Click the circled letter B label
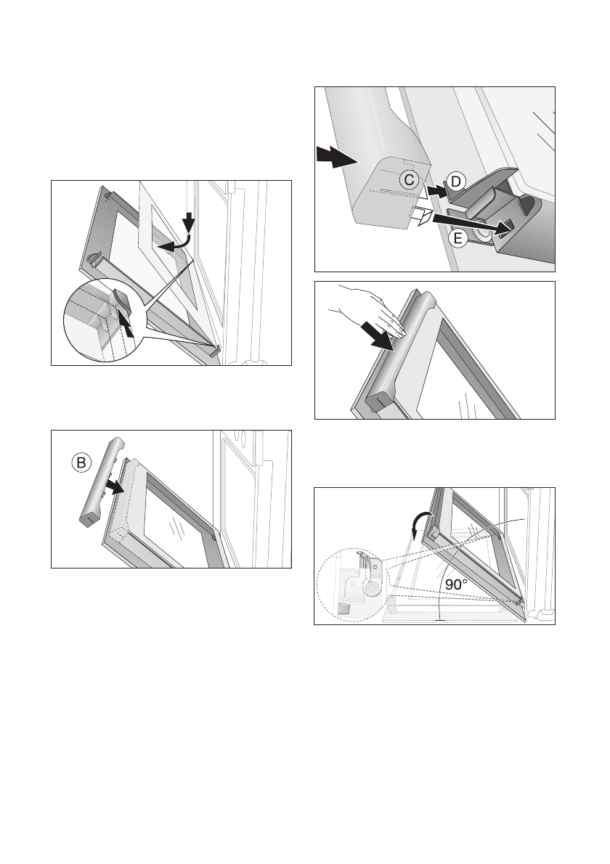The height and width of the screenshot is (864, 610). (81, 463)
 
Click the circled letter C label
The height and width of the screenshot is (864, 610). (409, 180)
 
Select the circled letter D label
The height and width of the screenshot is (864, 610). (456, 182)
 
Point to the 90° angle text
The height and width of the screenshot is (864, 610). (456, 584)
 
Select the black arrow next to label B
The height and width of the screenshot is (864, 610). (115, 486)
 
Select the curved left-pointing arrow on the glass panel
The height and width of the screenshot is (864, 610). (175, 243)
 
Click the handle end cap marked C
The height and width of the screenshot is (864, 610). (392, 190)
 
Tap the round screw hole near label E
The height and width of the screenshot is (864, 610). (483, 234)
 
